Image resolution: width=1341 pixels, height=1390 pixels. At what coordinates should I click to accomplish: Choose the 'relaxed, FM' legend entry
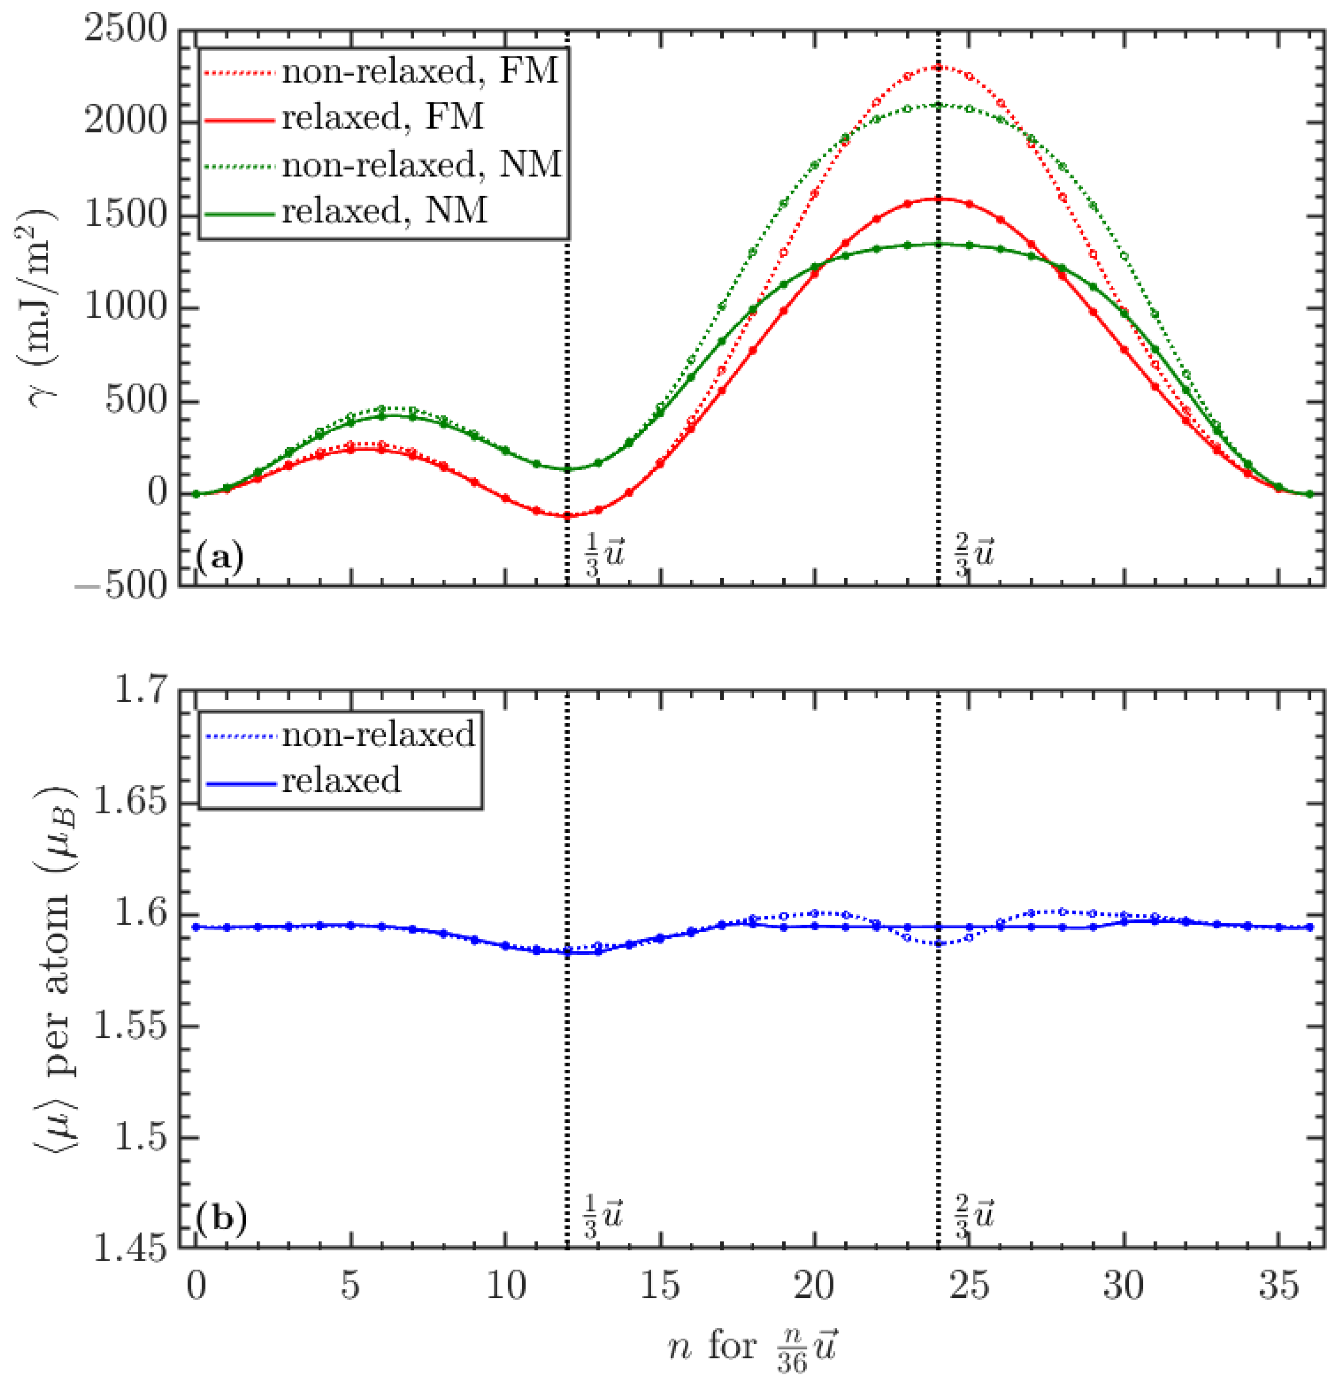point(383,118)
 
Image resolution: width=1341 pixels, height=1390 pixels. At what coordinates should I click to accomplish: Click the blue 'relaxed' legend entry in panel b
point(341,781)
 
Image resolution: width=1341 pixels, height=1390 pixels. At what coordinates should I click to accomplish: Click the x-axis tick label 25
point(969,1286)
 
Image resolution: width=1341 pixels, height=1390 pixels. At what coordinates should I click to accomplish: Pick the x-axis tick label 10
point(506,1286)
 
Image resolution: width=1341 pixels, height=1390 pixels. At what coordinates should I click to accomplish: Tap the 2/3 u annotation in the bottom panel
point(974,1216)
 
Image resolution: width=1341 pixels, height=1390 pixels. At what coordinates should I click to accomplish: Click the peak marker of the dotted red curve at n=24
point(938,68)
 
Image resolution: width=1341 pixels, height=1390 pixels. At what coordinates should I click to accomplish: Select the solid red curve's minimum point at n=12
point(567,516)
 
